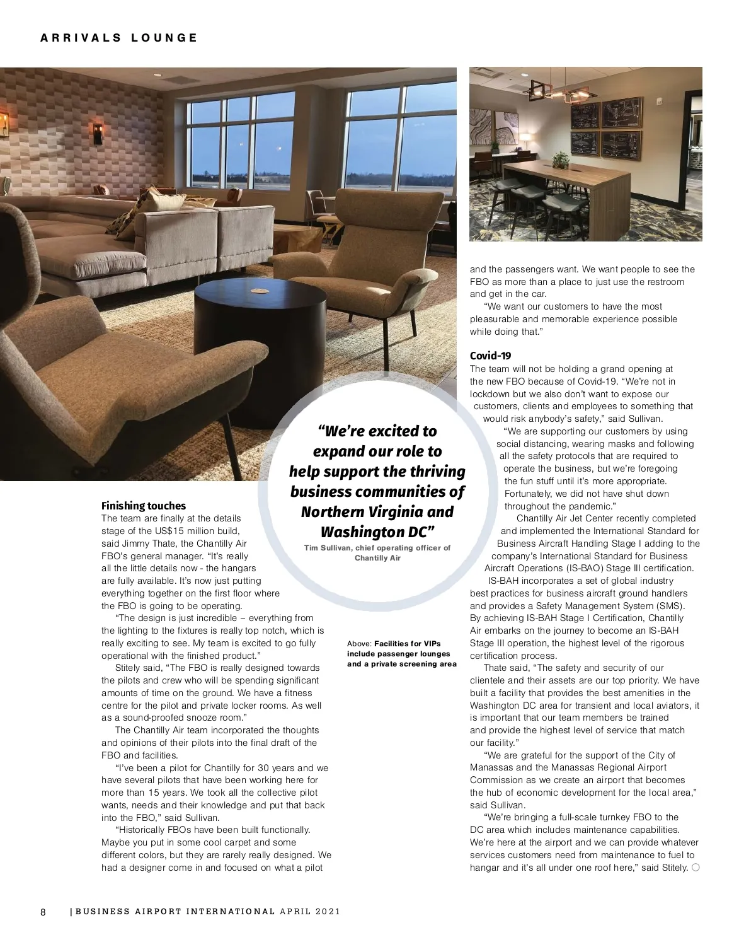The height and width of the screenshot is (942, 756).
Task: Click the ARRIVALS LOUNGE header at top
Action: click(x=119, y=38)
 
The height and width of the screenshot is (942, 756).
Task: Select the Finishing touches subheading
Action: click(x=144, y=506)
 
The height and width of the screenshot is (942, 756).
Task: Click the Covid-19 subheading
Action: click(x=490, y=356)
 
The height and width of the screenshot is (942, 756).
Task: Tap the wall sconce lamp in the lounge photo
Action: click(x=98, y=132)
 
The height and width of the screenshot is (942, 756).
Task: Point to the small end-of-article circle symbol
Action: click(x=695, y=868)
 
